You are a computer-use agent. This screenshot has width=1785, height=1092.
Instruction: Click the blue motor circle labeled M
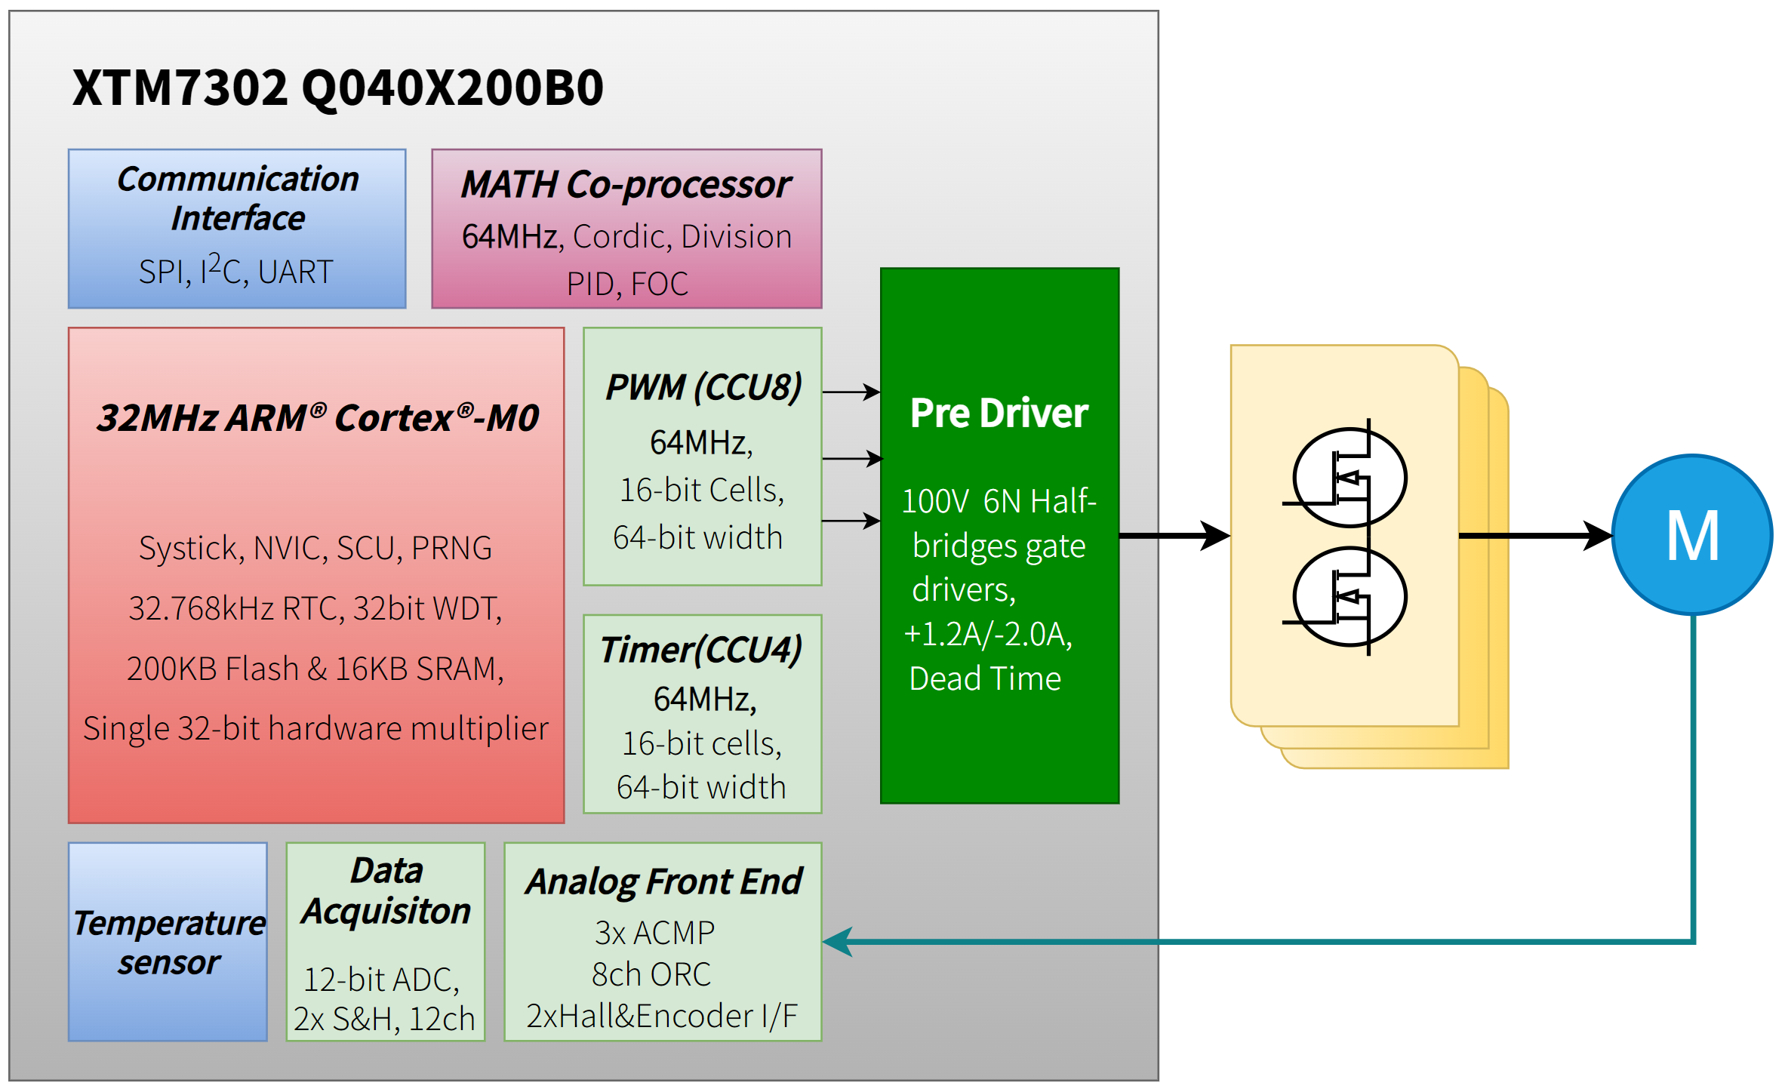click(1691, 534)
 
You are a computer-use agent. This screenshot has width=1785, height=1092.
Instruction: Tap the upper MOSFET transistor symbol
click(1350, 477)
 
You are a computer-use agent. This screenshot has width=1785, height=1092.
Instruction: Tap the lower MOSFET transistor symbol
click(1350, 596)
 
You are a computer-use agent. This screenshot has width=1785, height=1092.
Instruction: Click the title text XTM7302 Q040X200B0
click(337, 88)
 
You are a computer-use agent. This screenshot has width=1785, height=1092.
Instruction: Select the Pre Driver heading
click(999, 413)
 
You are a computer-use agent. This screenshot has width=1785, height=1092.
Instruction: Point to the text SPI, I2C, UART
click(235, 271)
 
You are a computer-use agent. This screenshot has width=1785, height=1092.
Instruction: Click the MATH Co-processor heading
click(626, 185)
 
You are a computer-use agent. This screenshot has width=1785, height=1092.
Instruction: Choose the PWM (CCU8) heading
click(703, 387)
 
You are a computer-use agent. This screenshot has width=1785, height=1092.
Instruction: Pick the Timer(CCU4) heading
click(701, 650)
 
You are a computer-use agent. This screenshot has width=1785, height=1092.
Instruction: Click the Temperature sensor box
click(168, 942)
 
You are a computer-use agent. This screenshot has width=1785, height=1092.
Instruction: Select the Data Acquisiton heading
click(386, 891)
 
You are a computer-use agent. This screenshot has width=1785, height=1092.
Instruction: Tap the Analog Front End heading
click(663, 881)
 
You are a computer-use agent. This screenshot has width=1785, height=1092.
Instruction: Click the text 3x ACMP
click(654, 933)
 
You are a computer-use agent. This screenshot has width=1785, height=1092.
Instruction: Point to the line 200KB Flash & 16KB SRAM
click(315, 669)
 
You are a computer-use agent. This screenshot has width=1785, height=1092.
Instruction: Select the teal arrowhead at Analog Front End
click(838, 942)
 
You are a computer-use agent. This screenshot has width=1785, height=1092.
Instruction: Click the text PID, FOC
click(627, 285)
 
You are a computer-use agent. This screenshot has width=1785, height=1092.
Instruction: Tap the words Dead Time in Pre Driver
click(985, 678)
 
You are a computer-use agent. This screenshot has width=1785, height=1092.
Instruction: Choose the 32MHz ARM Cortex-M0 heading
click(318, 418)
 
